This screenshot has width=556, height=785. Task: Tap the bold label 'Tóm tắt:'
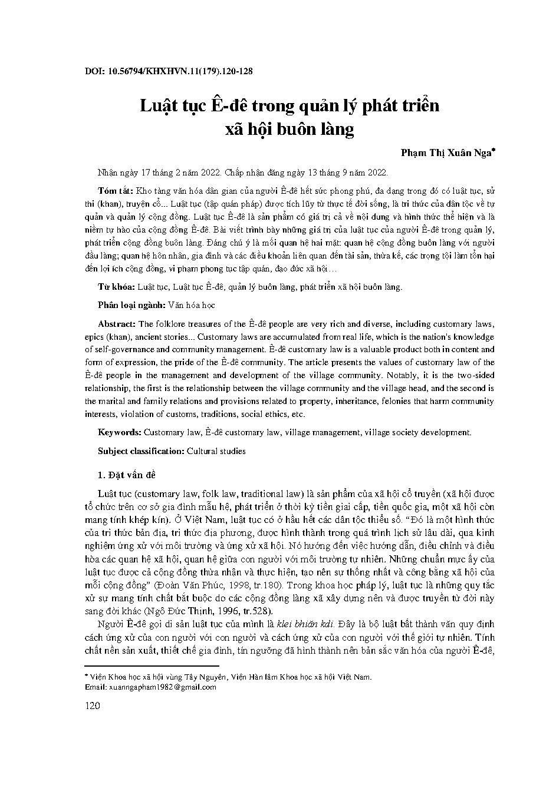116,191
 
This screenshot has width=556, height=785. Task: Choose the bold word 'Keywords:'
119,432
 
